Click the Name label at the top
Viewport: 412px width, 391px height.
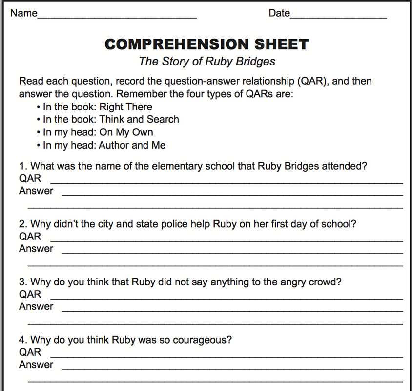point(23,13)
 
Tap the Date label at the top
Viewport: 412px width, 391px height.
point(279,13)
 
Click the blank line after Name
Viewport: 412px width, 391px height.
point(117,17)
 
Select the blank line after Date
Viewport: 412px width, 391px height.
point(338,17)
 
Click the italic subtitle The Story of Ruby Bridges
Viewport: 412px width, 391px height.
point(207,62)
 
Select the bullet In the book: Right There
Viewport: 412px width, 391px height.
point(97,107)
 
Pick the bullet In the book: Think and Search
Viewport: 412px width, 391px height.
point(111,120)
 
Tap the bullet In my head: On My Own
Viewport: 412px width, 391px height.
point(98,132)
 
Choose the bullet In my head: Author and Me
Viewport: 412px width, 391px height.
point(104,145)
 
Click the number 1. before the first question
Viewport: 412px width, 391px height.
point(23,166)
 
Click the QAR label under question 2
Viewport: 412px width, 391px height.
point(30,237)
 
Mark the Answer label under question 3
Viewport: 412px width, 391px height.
point(36,307)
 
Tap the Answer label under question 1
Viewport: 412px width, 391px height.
point(36,191)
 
